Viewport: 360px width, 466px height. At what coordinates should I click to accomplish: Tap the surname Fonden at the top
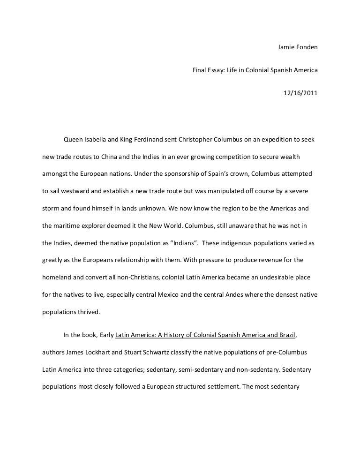click(x=307, y=48)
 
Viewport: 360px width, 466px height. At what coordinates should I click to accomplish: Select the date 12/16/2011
click(x=300, y=93)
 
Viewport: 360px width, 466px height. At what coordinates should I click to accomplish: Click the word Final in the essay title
click(x=200, y=70)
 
